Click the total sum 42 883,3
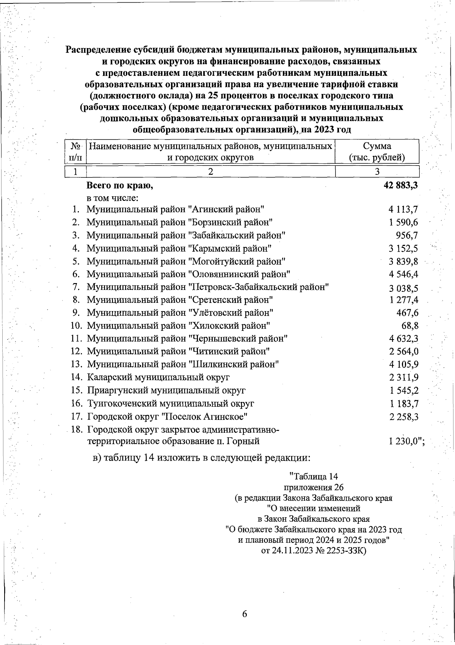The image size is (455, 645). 401,186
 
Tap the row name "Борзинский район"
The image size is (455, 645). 231,222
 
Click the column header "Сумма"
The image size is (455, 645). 377,146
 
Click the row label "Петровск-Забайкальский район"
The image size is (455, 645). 258,287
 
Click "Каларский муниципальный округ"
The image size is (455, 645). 158,377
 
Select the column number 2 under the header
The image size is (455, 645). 211,172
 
